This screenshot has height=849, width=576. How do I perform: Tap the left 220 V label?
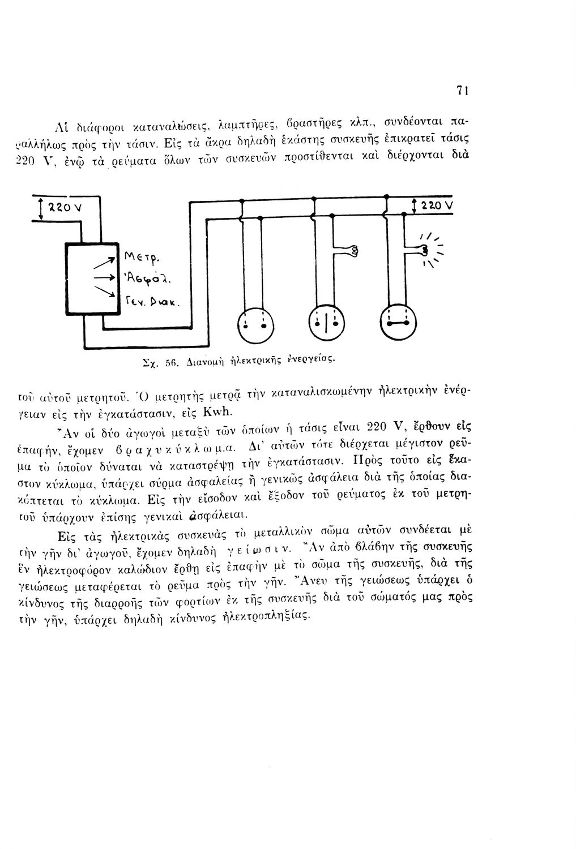[x=59, y=206]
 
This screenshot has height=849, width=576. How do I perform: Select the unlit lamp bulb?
[x=352, y=250]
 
